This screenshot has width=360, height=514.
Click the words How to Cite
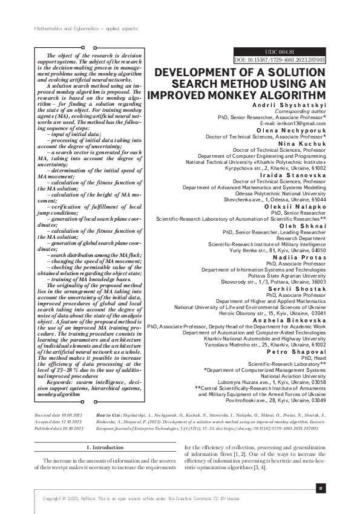108,417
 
